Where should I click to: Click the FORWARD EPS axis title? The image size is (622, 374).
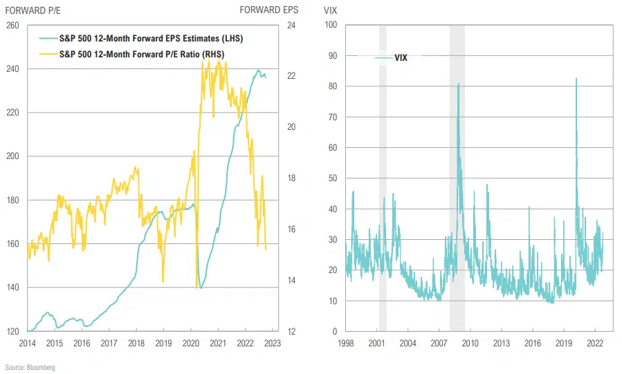269,10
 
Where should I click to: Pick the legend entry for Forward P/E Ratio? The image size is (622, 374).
142,53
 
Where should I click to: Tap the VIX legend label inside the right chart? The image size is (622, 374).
401,58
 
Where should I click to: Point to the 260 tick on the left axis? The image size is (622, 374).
12,26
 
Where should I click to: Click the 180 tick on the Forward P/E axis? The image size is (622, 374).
12,200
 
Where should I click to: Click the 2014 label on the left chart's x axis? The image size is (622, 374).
28,343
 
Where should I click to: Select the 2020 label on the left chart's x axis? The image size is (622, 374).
191,343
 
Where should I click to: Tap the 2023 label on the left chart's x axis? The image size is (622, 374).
273,343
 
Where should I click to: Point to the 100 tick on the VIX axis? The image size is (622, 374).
330,26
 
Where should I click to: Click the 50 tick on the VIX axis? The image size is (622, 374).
332,178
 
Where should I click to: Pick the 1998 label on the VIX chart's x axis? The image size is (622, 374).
346,343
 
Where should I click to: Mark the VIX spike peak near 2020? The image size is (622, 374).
576,78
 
